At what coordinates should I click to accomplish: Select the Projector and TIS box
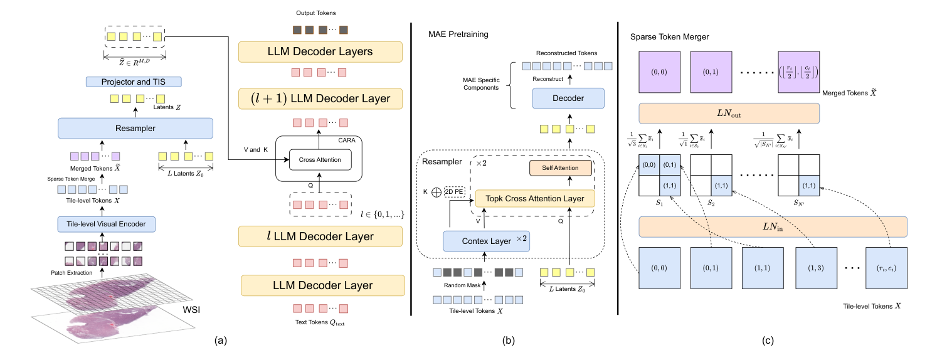coord(133,82)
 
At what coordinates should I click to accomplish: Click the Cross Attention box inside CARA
coord(320,159)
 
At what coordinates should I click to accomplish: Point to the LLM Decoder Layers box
coord(319,51)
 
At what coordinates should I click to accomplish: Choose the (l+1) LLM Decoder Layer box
coord(319,98)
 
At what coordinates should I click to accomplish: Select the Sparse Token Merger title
coord(669,37)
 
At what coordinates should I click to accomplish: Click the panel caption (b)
coord(510,341)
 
